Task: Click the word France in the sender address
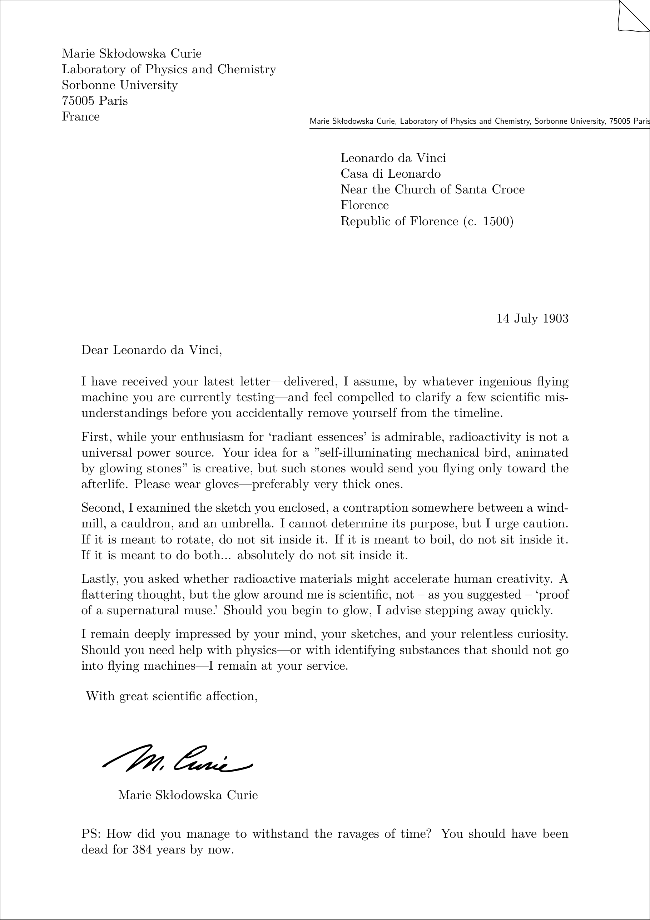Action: click(x=80, y=117)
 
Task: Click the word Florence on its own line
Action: click(x=364, y=205)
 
